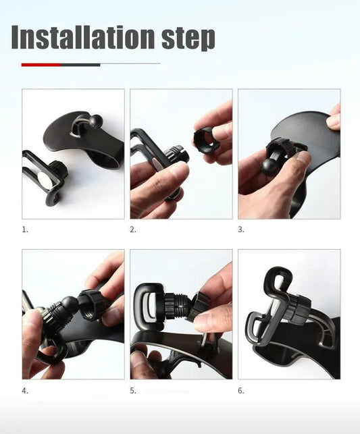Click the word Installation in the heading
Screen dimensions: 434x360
tap(82, 38)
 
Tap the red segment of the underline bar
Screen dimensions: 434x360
tap(41, 65)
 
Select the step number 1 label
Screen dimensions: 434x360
tap(25, 229)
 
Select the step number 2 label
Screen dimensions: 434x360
tap(133, 229)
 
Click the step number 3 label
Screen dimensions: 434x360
tap(241, 229)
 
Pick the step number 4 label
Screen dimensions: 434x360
tap(25, 390)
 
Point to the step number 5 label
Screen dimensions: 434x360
tap(133, 390)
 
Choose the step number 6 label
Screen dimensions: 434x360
tap(241, 390)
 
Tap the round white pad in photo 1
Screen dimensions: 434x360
tap(43, 180)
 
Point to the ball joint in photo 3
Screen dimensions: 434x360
tap(269, 166)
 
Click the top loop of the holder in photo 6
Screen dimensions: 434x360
tap(277, 278)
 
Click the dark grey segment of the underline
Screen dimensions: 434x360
tap(80, 65)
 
